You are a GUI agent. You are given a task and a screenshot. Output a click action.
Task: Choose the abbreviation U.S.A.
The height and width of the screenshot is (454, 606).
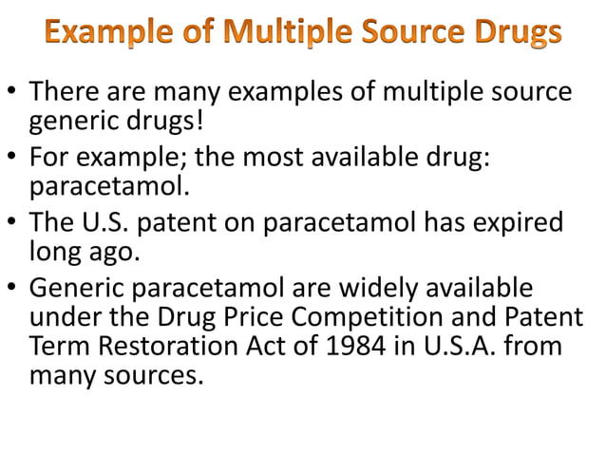(460, 347)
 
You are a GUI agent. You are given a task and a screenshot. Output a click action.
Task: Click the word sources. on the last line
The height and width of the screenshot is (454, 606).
(159, 376)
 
